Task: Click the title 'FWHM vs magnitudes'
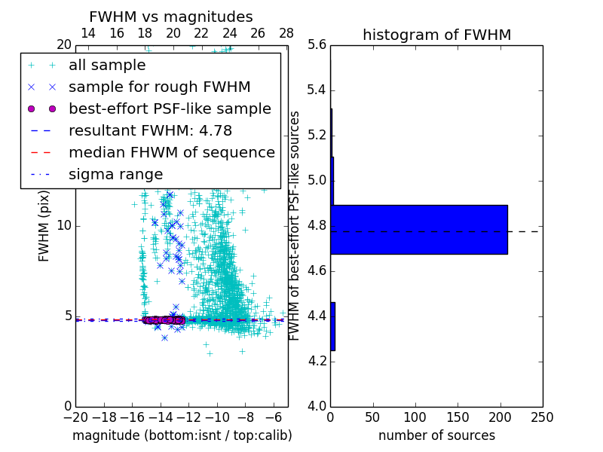pyautogui.click(x=170, y=17)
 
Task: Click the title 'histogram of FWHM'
pyautogui.click(x=436, y=35)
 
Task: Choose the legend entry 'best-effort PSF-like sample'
pyautogui.click(x=170, y=109)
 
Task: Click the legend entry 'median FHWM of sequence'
pyautogui.click(x=171, y=153)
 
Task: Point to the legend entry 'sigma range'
pyautogui.click(x=115, y=175)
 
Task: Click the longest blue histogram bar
pyautogui.click(x=419, y=229)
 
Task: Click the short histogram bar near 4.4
pyautogui.click(x=332, y=326)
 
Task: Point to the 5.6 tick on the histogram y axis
pyautogui.click(x=317, y=45)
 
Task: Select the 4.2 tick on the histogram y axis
pyautogui.click(x=317, y=361)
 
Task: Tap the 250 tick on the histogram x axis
pyautogui.click(x=542, y=417)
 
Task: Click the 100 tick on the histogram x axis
pyautogui.click(x=415, y=417)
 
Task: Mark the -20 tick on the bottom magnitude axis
pyautogui.click(x=75, y=417)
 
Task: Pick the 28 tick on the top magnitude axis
pyautogui.click(x=286, y=33)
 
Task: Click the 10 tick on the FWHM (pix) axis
pyautogui.click(x=63, y=226)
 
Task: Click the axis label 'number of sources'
pyautogui.click(x=436, y=435)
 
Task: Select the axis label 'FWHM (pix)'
pyautogui.click(x=44, y=226)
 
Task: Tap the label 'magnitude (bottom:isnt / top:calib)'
pyautogui.click(x=182, y=435)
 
